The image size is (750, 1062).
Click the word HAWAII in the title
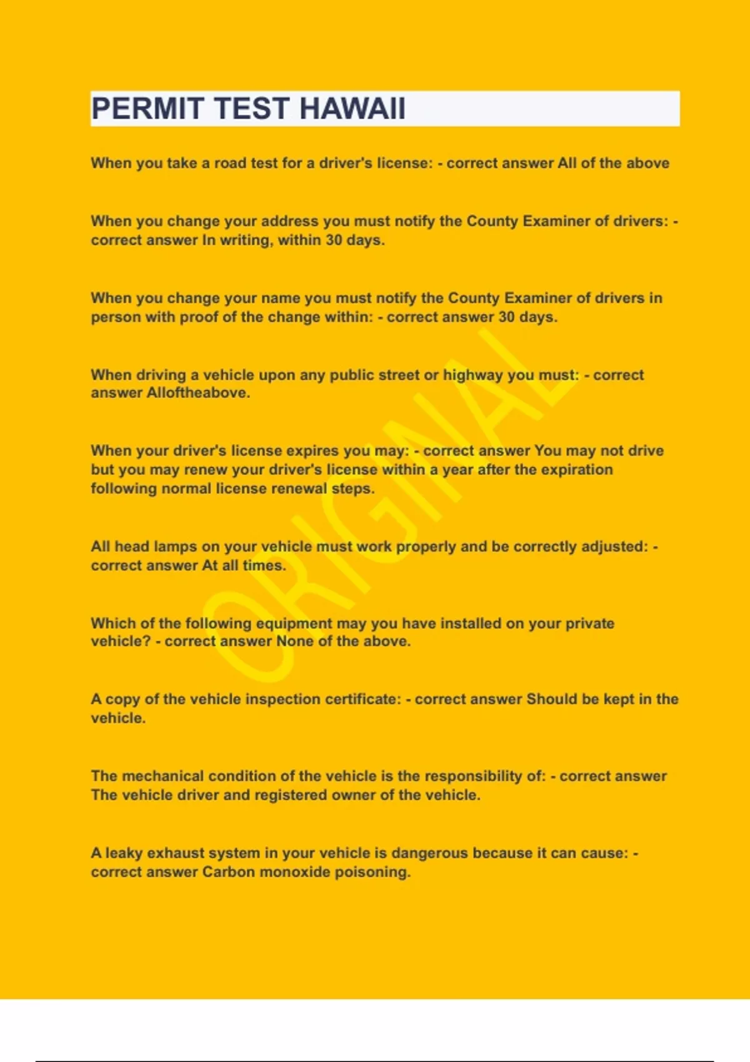click(x=352, y=109)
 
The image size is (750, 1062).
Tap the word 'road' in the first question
click(x=230, y=163)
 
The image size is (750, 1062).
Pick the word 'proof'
click(x=199, y=317)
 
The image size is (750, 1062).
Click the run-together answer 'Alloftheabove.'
click(x=198, y=393)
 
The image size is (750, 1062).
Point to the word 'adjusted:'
click(x=615, y=547)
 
